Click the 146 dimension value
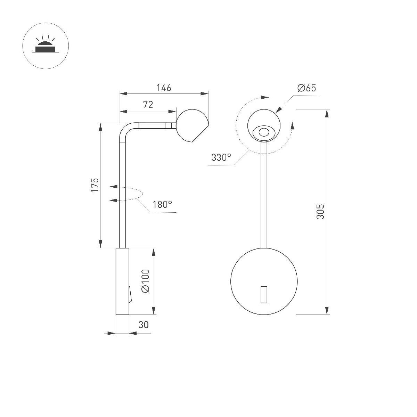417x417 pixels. [164, 88]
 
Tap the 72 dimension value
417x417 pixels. [148, 105]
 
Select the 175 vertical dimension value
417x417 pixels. [95, 185]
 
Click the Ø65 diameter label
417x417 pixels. [306, 88]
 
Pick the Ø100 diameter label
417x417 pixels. [145, 281]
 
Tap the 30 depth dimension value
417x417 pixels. [144, 325]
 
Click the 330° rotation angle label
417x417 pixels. [221, 157]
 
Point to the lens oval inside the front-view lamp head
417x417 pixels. [264, 132]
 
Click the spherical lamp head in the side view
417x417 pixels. [192, 125]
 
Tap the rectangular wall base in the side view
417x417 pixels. [122, 281]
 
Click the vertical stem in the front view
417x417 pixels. [264, 195]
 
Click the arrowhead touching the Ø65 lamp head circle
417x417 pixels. [279, 110]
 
